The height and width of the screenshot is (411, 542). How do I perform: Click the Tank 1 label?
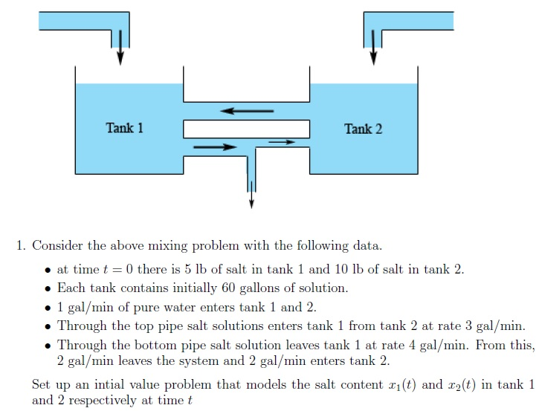tap(124, 128)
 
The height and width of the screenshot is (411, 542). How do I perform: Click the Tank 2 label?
tap(363, 129)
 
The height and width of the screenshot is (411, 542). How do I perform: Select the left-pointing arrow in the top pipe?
tap(246, 111)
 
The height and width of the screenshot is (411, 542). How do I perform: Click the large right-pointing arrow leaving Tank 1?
tap(215, 147)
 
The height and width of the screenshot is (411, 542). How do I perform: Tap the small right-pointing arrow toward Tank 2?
tap(281, 141)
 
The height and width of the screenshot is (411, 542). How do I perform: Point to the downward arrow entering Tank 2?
tap(373, 49)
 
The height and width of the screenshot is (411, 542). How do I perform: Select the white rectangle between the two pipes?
tap(246, 129)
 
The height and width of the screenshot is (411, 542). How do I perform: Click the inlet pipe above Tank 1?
tap(82, 21)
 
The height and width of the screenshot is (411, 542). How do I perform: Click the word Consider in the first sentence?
tap(55, 246)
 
